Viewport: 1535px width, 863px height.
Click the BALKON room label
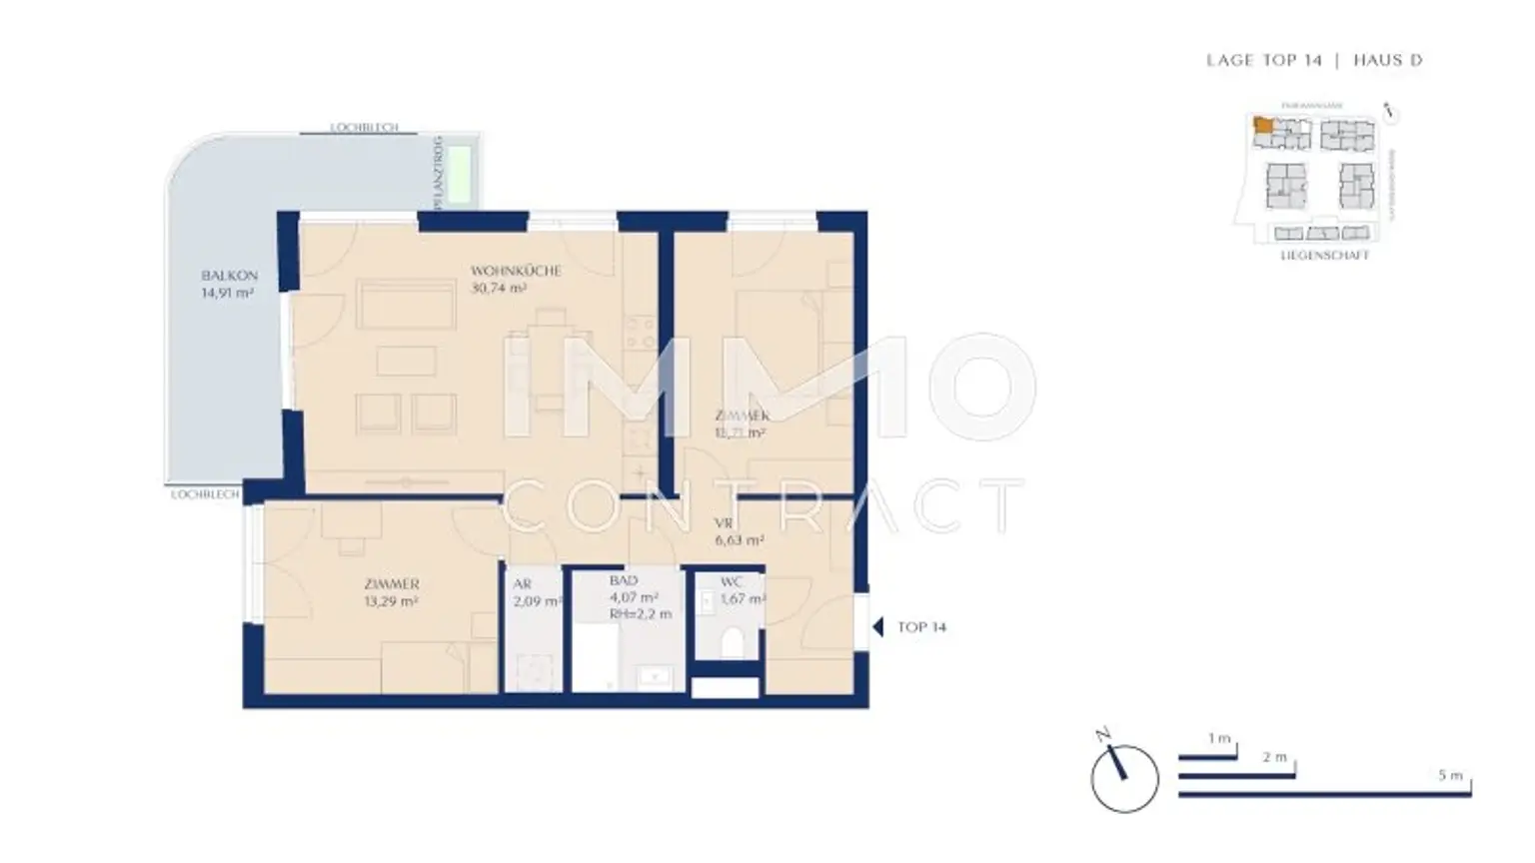click(x=229, y=276)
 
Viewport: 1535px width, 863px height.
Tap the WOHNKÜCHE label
click(x=516, y=271)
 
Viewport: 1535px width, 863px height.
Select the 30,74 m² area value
click(x=499, y=289)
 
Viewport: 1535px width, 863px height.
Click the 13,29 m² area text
click(x=391, y=601)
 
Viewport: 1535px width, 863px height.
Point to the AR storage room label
click(x=522, y=584)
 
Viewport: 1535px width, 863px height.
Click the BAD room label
click(x=623, y=580)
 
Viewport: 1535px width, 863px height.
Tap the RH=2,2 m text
click(x=641, y=614)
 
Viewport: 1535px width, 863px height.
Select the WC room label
click(x=732, y=582)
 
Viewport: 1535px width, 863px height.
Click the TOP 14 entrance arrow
click(x=877, y=627)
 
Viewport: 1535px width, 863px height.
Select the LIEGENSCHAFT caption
click(x=1324, y=256)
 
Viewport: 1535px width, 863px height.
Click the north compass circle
click(x=1124, y=778)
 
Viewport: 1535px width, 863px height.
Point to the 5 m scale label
click(x=1450, y=775)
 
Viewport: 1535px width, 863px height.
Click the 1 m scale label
click(x=1218, y=738)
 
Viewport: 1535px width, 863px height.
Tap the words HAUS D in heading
click(x=1387, y=60)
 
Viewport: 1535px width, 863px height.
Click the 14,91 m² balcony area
click(x=227, y=294)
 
